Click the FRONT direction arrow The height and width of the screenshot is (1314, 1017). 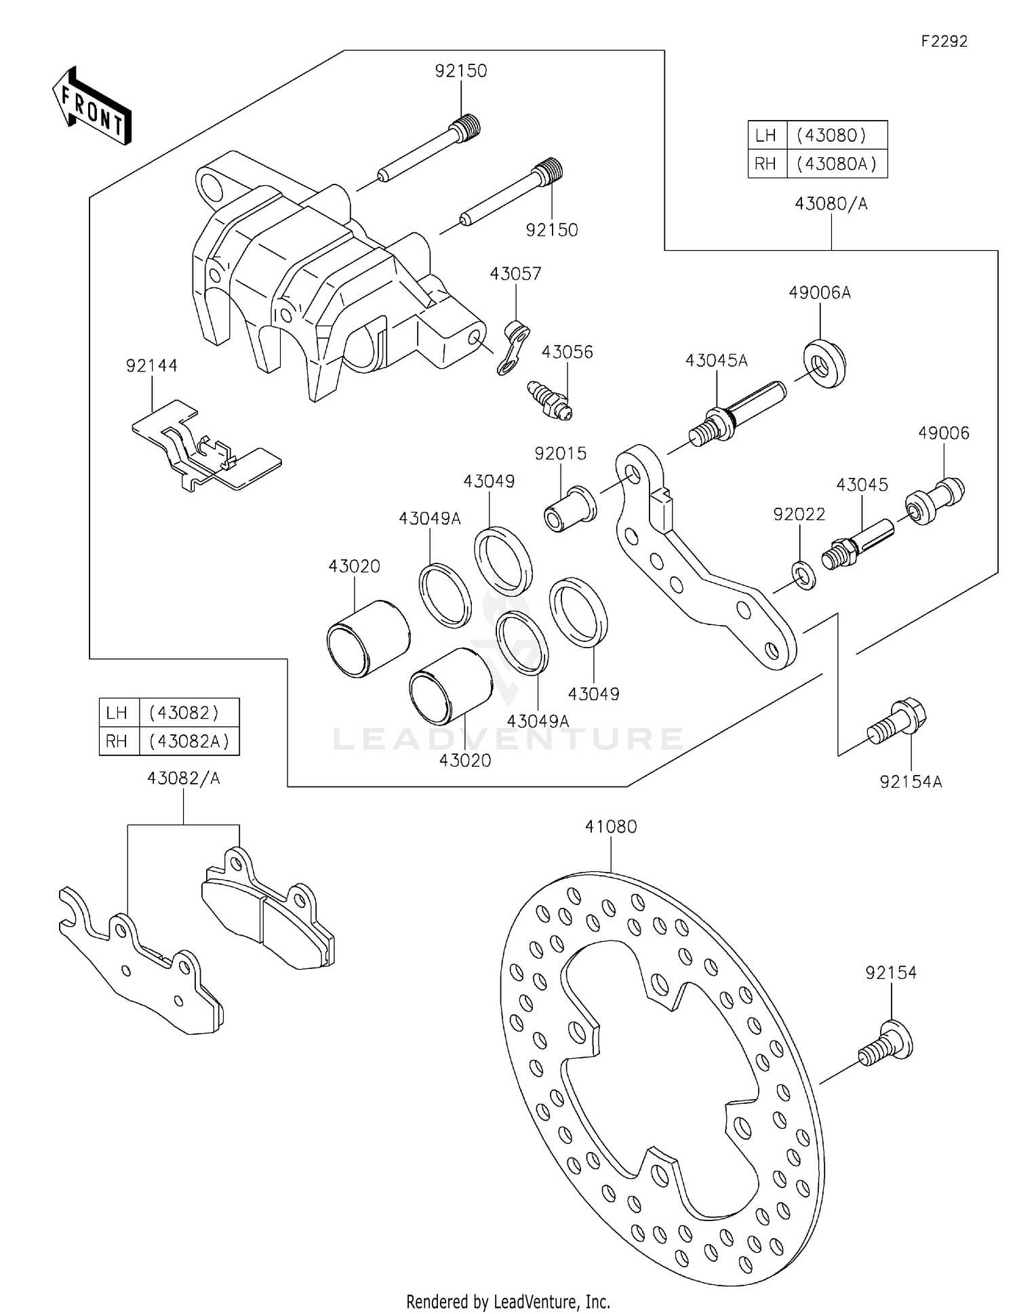(92, 106)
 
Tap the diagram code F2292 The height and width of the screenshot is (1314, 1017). (944, 41)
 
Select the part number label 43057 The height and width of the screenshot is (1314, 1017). (515, 274)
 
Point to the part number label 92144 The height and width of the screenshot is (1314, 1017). (152, 366)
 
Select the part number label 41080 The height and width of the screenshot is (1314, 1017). (611, 827)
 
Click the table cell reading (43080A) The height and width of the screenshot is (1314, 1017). (836, 163)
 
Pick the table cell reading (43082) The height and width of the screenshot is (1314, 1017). (184, 713)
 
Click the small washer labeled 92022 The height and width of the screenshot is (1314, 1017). (803, 575)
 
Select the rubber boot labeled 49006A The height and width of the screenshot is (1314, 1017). (824, 365)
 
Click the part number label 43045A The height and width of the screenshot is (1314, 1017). (716, 361)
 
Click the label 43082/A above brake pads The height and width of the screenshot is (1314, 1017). (183, 778)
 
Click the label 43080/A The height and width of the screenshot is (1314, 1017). (831, 203)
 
